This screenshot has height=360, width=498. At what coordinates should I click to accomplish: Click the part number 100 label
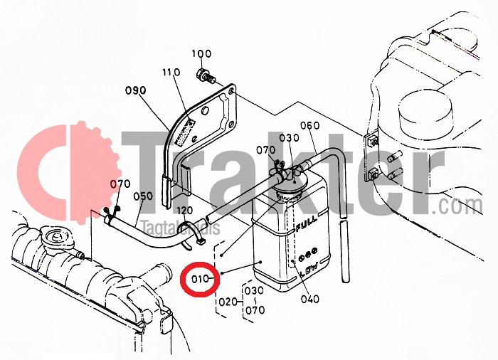(x=202, y=54)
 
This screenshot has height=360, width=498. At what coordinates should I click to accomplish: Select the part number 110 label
(x=171, y=73)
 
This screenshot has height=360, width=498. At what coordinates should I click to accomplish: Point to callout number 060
(x=309, y=126)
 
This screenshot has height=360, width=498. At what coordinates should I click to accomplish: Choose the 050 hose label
(x=143, y=196)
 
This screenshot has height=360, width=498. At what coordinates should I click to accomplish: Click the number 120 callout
(x=185, y=211)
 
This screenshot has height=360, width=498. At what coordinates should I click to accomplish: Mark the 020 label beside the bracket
(x=227, y=301)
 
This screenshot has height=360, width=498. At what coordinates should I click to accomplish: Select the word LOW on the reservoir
(x=307, y=269)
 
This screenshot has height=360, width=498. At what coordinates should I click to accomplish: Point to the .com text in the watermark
(x=460, y=206)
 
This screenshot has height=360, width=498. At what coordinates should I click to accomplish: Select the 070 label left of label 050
(x=120, y=184)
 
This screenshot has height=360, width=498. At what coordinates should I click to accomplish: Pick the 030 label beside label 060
(x=290, y=138)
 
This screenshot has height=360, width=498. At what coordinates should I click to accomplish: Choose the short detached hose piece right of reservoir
(x=346, y=253)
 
